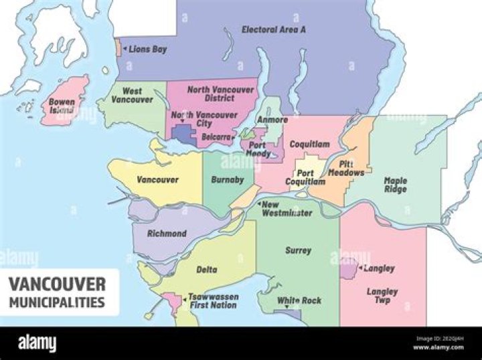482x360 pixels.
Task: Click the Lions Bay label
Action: [x=147, y=50]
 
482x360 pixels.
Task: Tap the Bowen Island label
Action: [x=62, y=106]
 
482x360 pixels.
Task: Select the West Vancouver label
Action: [x=132, y=95]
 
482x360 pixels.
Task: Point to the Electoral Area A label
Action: [x=274, y=29]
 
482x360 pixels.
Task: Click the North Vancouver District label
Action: [x=220, y=94]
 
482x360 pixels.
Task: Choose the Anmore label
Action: [x=273, y=120]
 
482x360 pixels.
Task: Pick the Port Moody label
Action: [x=258, y=149]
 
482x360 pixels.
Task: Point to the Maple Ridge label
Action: [x=395, y=185]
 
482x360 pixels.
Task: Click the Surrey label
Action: [x=298, y=250]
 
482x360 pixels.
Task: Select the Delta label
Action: [x=207, y=270]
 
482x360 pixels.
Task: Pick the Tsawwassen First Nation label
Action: [x=212, y=300]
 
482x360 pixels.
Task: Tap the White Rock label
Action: [x=299, y=300]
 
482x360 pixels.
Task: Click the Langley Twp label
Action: [x=382, y=296]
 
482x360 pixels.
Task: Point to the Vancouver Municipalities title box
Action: [x=60, y=292]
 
